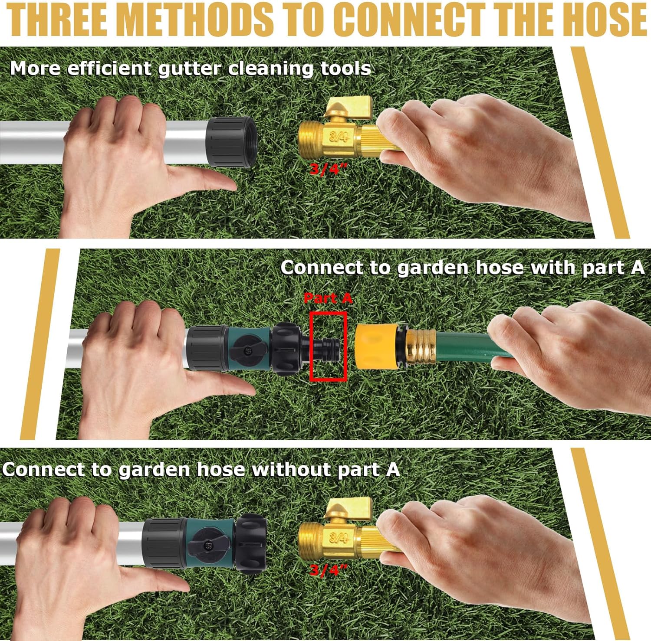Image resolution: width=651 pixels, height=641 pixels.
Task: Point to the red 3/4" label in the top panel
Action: point(329,169)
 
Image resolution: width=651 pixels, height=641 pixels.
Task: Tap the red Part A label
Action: point(328,298)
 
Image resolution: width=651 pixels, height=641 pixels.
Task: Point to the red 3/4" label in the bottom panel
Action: point(329,569)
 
